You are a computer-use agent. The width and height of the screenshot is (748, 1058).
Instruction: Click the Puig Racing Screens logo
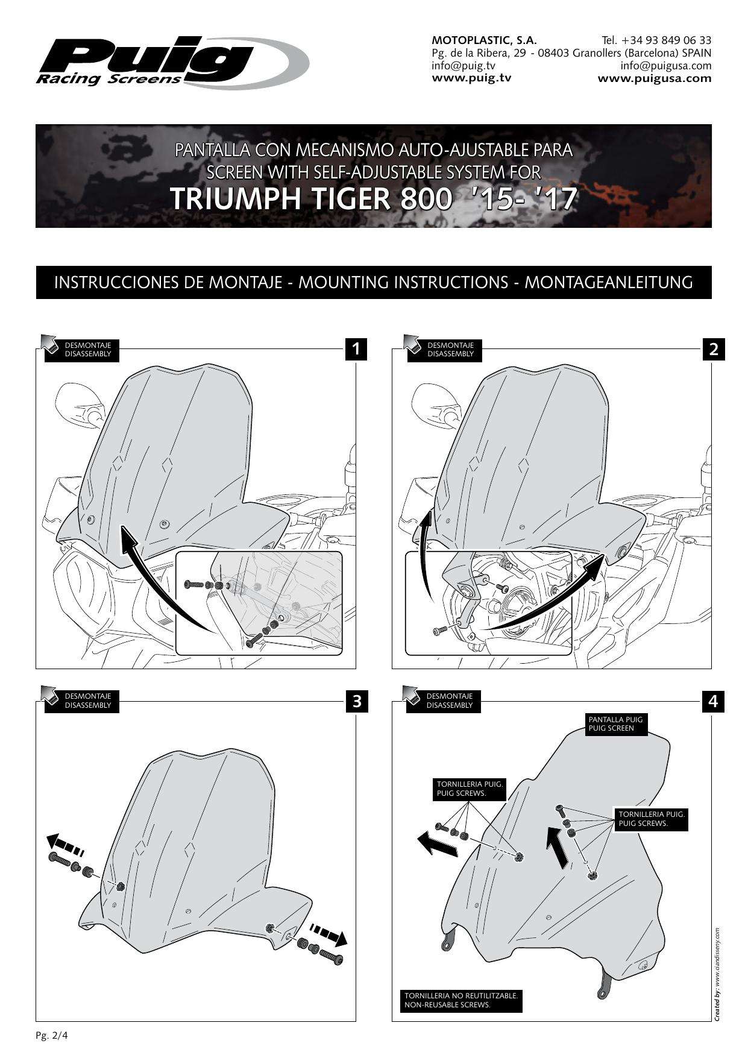[172, 63]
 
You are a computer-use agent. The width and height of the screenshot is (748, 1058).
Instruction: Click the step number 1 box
[356, 349]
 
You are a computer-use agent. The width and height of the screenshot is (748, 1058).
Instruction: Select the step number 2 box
[713, 349]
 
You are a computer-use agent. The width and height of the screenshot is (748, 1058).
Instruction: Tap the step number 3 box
[356, 701]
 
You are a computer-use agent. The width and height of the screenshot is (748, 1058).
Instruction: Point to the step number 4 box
[713, 701]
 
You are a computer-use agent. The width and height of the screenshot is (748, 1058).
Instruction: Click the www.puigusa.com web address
[655, 78]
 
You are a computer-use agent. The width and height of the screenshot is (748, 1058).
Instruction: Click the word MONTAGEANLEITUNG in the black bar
[609, 282]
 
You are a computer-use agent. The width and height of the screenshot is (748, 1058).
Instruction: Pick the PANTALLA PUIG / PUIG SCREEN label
[615, 723]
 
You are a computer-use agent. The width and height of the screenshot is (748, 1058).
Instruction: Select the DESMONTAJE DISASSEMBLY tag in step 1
[82, 350]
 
